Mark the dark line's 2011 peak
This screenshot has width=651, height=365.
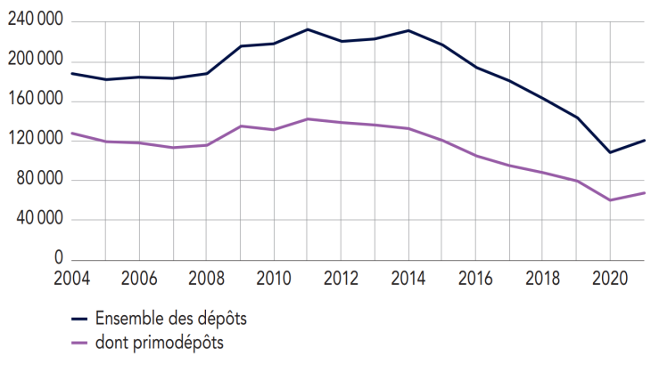[x=307, y=29]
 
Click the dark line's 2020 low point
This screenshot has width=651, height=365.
[x=610, y=152]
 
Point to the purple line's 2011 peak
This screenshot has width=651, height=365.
[x=307, y=118]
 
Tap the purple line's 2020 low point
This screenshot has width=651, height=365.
[x=610, y=200]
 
